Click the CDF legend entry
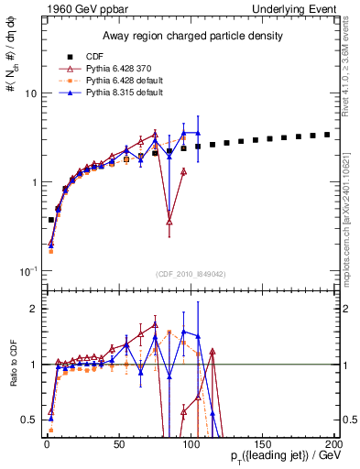pos(95,57)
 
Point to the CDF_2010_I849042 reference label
pos(191,272)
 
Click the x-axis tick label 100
pos(191,442)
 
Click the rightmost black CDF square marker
pos(327,134)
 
